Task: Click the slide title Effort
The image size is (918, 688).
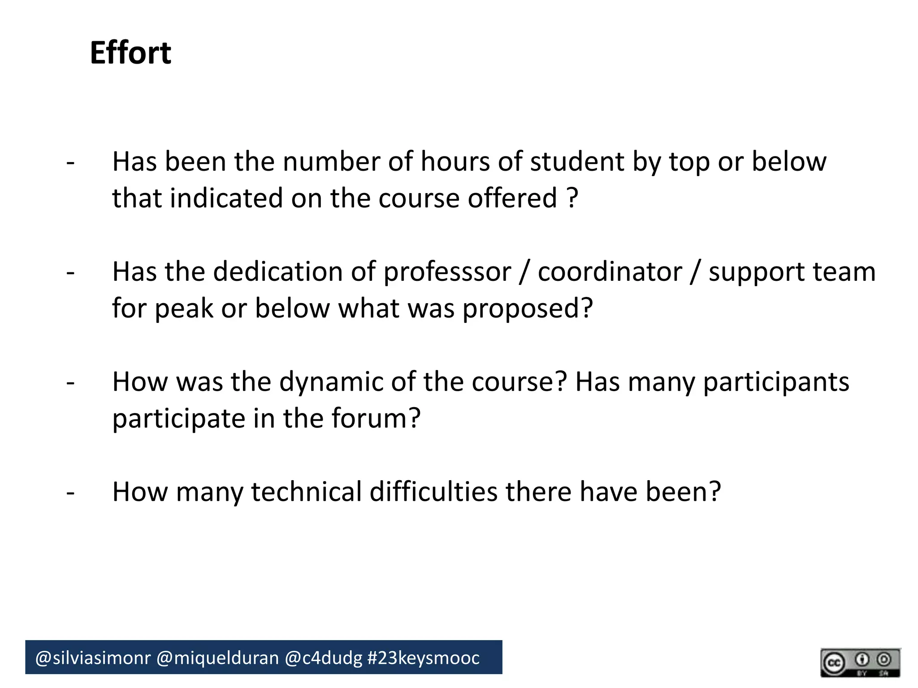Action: click(130, 53)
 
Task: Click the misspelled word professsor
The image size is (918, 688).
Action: click(447, 272)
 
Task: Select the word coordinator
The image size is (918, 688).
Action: click(610, 271)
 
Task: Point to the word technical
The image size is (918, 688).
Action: click(306, 492)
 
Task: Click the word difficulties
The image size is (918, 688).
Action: click(433, 492)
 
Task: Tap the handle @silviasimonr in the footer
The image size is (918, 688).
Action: click(93, 658)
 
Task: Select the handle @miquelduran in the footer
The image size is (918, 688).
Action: click(217, 658)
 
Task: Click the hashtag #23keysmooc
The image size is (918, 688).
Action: click(423, 658)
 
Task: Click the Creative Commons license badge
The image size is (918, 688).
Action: click(860, 662)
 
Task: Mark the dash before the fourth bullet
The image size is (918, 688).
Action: click(70, 493)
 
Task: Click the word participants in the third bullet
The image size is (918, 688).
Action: click(775, 382)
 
